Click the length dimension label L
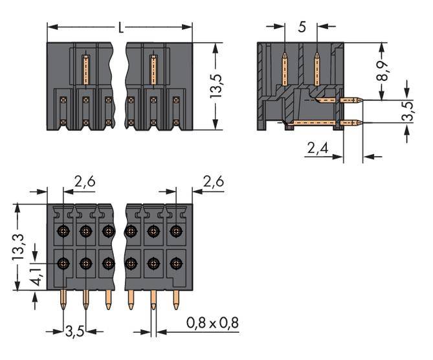[121, 28]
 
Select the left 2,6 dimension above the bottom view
[85, 183]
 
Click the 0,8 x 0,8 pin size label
[213, 322]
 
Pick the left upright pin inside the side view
[285, 67]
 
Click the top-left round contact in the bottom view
[63, 231]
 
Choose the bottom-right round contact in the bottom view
[175, 264]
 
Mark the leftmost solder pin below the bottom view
[63, 298]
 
